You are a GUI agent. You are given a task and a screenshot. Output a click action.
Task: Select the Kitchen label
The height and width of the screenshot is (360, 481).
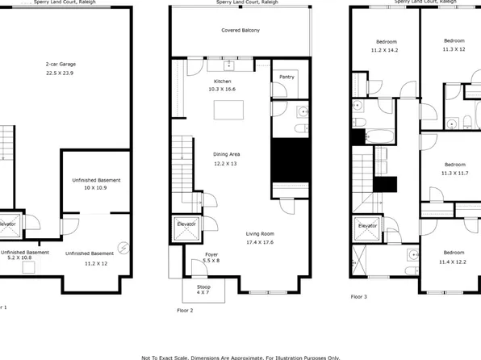[x=223, y=82]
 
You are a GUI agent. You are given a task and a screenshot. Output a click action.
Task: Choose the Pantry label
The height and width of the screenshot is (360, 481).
[x=287, y=77]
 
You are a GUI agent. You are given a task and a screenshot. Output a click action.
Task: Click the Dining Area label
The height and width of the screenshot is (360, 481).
[x=226, y=154]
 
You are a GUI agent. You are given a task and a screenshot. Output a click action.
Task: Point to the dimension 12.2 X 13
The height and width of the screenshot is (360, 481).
[x=226, y=163]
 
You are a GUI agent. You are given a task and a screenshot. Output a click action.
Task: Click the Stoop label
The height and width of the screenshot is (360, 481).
[x=197, y=285]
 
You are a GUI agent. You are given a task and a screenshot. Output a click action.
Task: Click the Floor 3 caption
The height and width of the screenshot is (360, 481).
[x=359, y=296]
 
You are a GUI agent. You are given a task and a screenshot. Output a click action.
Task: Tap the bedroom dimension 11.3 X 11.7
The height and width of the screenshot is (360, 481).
[x=454, y=172]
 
